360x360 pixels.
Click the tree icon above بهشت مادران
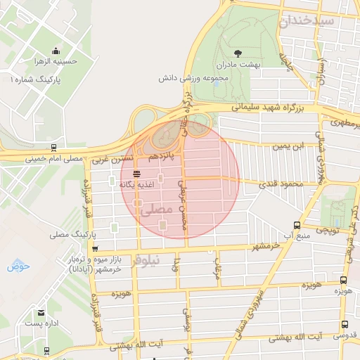click(237, 53)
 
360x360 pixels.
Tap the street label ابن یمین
click(288, 146)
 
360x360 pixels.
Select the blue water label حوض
click(19, 266)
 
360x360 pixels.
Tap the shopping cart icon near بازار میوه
click(95, 248)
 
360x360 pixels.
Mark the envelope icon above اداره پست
click(41, 312)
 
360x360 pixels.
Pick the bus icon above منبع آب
click(297, 226)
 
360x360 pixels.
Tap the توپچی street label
click(327, 229)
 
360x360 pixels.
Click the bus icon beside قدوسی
click(345, 324)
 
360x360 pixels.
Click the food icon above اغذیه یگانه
click(136, 173)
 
